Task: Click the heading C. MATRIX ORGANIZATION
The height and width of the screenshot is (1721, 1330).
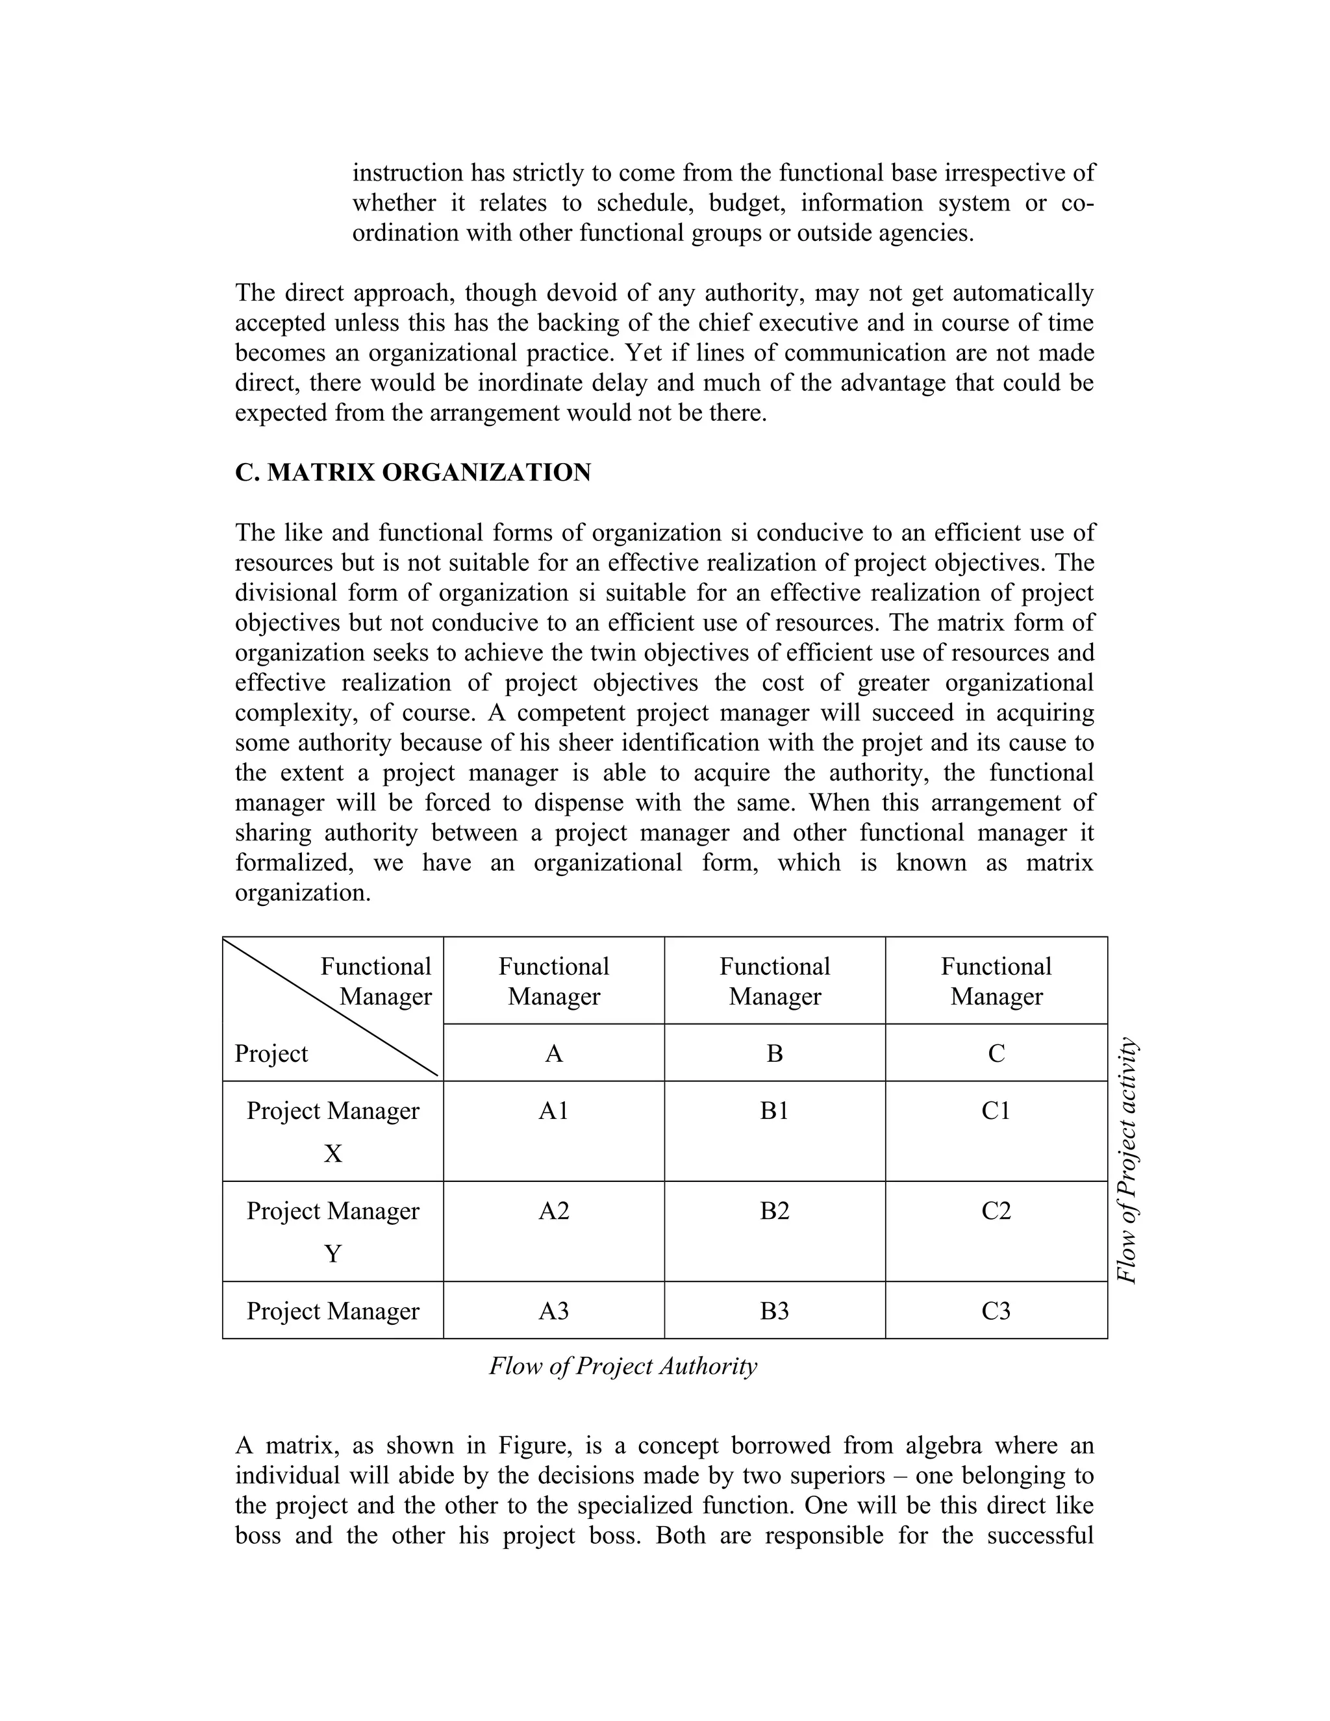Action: coord(413,473)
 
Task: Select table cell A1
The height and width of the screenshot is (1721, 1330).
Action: coord(553,1111)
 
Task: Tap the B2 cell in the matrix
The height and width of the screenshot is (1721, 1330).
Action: coord(775,1211)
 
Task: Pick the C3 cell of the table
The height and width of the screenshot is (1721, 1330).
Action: coord(996,1311)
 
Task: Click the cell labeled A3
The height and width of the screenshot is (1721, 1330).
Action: coord(553,1311)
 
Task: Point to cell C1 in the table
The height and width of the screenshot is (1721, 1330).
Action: coord(996,1111)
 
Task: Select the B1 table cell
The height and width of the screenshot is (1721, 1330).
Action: coord(775,1111)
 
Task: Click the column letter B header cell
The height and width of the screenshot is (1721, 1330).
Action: coord(775,1053)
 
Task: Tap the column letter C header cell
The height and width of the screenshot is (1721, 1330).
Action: coord(996,1053)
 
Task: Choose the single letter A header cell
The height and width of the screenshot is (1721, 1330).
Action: coord(553,1053)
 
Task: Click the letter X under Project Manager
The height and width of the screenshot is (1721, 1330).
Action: coord(332,1153)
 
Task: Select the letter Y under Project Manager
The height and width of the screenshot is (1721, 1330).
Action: coord(332,1253)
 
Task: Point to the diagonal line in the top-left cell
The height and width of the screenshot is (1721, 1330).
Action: coord(331,1008)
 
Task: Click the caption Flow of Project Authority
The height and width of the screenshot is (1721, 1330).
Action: coord(622,1366)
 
